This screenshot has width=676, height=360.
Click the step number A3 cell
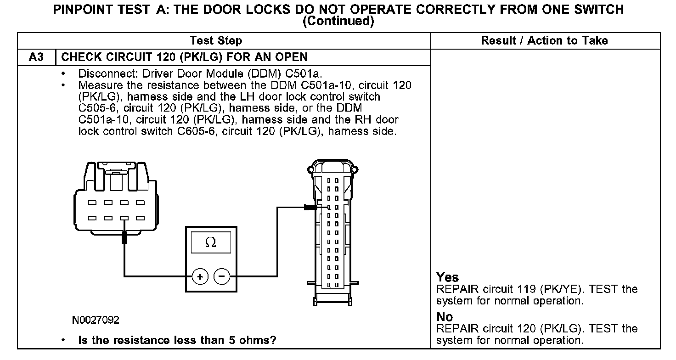(x=36, y=57)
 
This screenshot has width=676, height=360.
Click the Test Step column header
(x=216, y=41)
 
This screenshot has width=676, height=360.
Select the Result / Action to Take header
(x=544, y=41)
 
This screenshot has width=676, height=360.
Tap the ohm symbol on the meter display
(x=211, y=242)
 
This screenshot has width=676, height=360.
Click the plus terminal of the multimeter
(x=200, y=276)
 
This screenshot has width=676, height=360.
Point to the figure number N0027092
(x=96, y=320)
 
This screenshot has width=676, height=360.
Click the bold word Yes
(x=448, y=277)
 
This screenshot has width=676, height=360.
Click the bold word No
(x=445, y=317)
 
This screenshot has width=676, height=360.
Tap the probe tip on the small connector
(x=124, y=238)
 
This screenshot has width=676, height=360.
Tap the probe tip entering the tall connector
(x=312, y=207)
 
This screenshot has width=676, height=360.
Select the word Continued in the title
(x=338, y=21)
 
